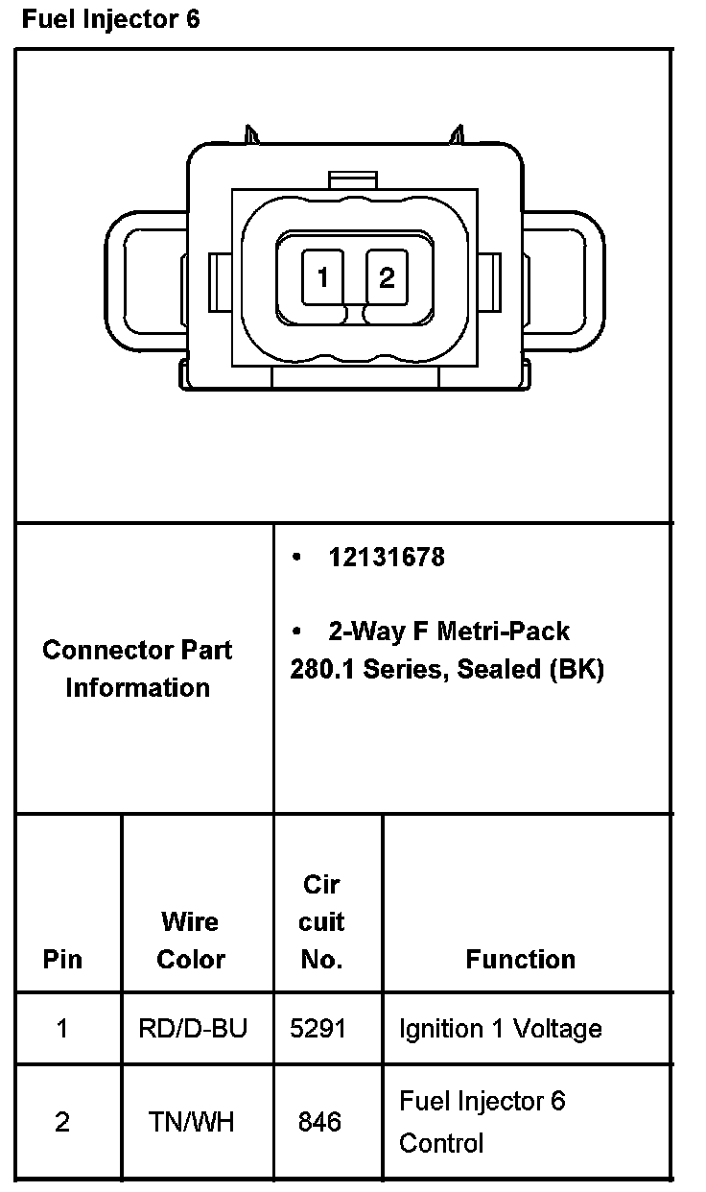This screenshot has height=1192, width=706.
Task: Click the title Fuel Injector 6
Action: [x=111, y=19]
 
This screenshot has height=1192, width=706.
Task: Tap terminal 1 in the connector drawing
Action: [x=323, y=278]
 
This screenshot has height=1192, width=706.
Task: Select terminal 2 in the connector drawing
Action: [x=387, y=278]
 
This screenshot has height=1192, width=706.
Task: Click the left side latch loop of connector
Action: [x=144, y=278]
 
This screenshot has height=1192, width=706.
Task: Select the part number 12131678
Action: [x=387, y=558]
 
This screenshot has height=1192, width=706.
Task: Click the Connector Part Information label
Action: [x=137, y=668]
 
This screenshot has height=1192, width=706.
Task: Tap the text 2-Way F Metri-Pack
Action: [x=448, y=631]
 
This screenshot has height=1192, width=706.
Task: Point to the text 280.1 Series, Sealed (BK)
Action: [x=447, y=669]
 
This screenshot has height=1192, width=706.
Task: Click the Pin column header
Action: [x=62, y=959]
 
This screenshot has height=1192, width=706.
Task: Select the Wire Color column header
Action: [x=190, y=941]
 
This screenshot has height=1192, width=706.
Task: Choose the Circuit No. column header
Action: [x=321, y=921]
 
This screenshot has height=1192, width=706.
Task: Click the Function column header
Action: [x=520, y=959]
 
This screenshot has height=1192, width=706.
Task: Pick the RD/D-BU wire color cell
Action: [x=193, y=1029]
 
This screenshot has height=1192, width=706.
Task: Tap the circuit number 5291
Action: [x=318, y=1029]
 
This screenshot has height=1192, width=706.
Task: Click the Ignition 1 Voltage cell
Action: [x=500, y=1029]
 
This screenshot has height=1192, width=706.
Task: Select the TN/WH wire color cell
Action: [x=191, y=1121]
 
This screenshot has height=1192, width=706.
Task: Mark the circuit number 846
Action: [x=319, y=1121]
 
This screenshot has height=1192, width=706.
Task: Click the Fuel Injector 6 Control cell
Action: [x=482, y=1121]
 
